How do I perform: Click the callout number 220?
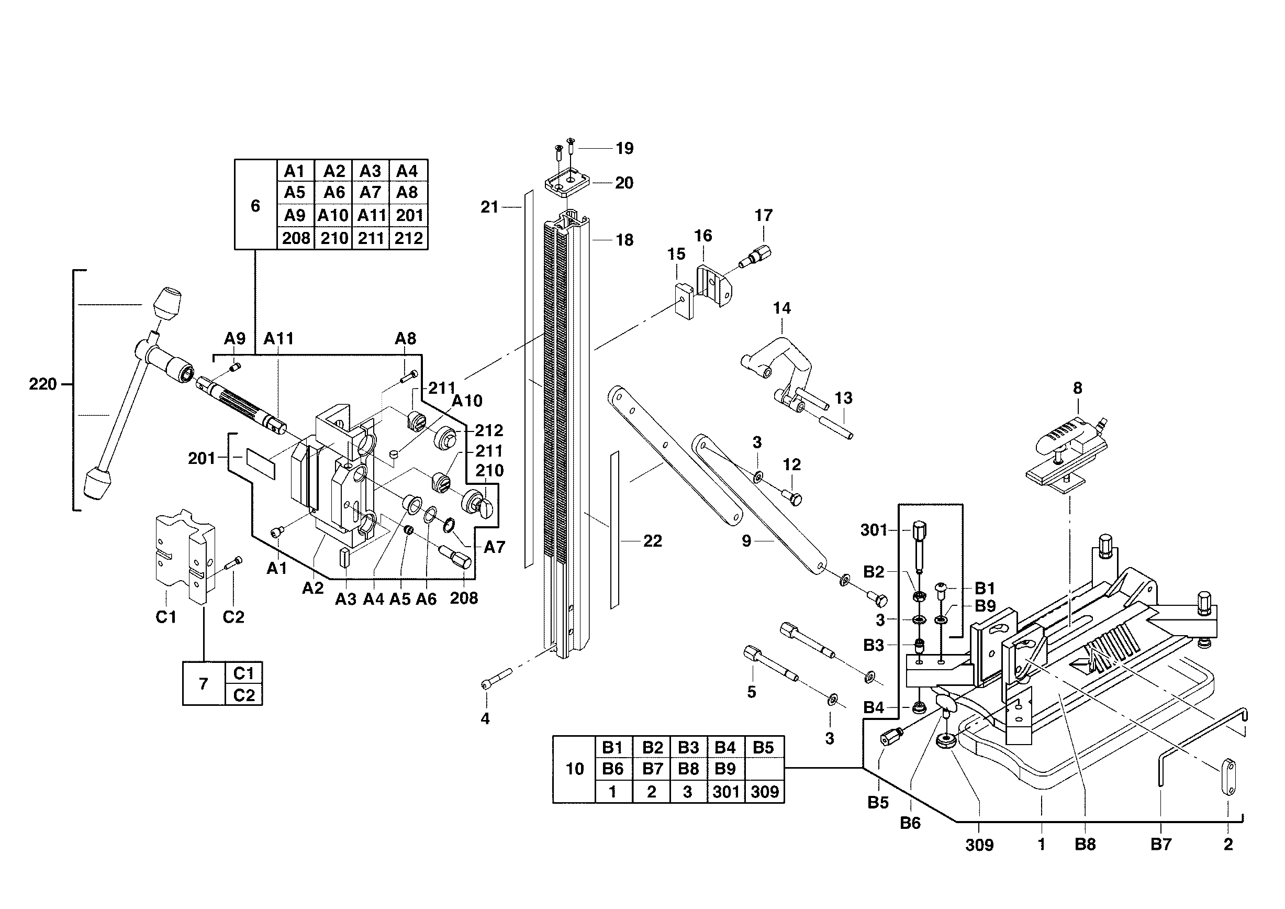(42, 384)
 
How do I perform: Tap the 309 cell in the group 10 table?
(765, 792)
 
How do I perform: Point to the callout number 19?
(624, 148)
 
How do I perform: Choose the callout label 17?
(763, 216)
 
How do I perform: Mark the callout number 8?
(1077, 388)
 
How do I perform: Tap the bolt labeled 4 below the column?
(496, 678)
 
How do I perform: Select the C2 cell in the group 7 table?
(243, 695)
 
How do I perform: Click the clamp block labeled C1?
(184, 554)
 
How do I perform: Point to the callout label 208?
(464, 598)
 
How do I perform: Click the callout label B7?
(1161, 844)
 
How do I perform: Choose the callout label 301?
(874, 529)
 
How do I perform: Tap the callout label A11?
(278, 339)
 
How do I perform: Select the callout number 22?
(653, 541)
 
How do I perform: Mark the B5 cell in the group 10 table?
(763, 747)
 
